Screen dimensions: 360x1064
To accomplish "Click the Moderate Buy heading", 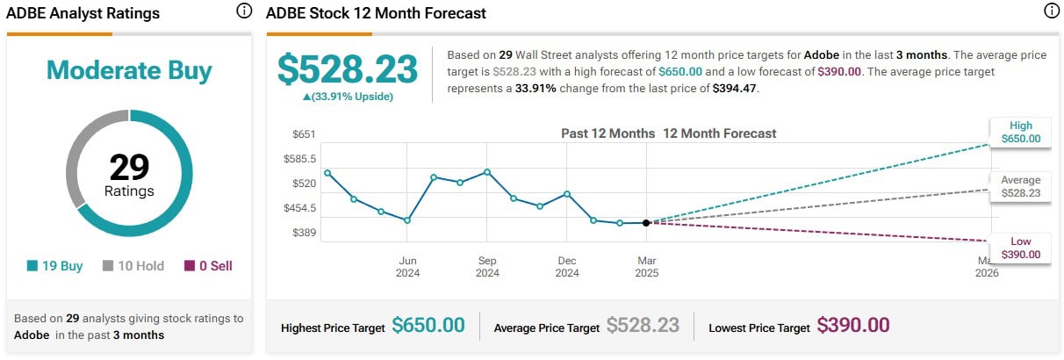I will (129, 70).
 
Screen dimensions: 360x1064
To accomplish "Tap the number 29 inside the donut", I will (129, 167).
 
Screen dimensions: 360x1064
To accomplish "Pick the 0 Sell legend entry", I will (208, 266).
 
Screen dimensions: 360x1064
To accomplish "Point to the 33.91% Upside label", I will (348, 97).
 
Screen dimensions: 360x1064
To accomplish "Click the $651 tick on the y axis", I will (304, 134).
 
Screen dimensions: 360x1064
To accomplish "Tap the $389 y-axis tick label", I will (304, 234).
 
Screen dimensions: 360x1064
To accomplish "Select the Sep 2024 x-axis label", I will (487, 266).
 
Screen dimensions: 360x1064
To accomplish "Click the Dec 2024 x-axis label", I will (567, 266).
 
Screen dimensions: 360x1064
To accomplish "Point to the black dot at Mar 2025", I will (646, 223).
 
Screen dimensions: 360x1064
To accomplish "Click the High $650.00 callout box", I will (1020, 132).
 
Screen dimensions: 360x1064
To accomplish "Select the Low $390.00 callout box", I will (1020, 248).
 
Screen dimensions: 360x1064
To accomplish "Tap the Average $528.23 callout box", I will (1020, 187).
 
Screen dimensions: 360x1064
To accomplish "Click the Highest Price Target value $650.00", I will (428, 326).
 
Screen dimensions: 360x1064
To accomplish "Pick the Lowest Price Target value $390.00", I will (852, 326).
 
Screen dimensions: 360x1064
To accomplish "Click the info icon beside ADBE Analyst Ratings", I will (244, 11).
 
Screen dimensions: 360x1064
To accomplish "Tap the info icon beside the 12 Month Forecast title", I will (1051, 11).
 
